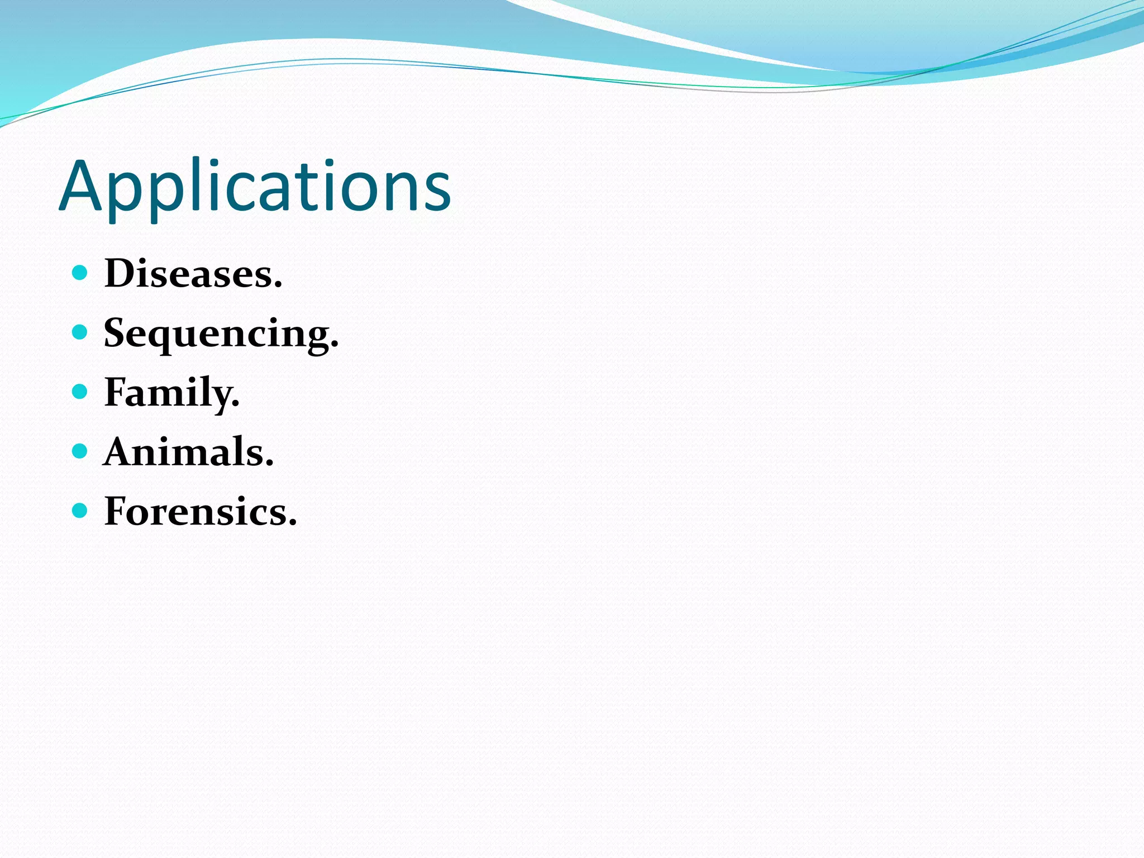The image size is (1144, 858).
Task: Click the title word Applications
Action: click(x=255, y=187)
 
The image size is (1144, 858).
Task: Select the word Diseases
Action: click(x=193, y=274)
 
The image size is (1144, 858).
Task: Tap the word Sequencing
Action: click(x=221, y=333)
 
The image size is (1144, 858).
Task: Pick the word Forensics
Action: click(x=200, y=511)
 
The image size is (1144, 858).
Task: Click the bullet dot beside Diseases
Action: click(x=80, y=273)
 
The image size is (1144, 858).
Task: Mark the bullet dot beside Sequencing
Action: click(x=80, y=332)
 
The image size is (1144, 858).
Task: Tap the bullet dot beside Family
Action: click(x=80, y=391)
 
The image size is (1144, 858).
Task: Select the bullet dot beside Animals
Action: click(x=80, y=451)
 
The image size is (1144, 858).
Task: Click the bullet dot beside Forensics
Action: click(x=80, y=510)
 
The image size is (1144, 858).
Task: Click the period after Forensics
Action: click(x=292, y=523)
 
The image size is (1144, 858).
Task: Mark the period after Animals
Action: click(x=269, y=464)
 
